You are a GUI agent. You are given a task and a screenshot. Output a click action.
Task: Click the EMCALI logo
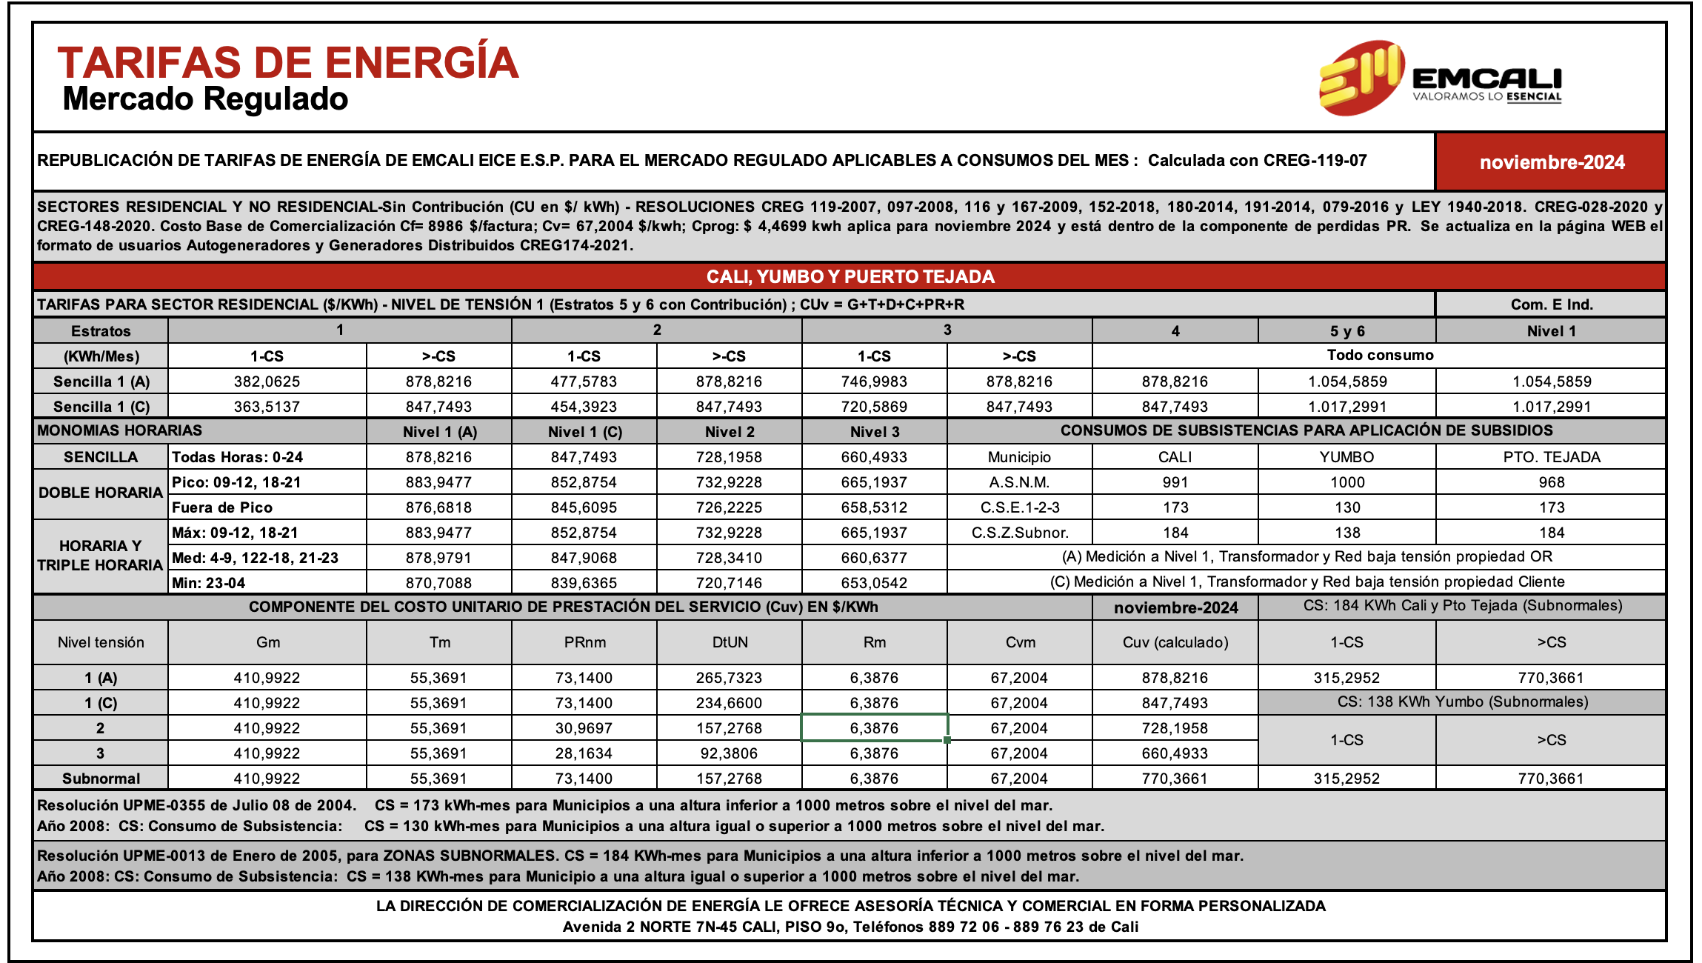click(1440, 79)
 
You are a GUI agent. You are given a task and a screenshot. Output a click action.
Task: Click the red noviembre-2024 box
click(1551, 162)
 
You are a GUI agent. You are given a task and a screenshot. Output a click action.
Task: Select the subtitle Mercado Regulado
click(205, 99)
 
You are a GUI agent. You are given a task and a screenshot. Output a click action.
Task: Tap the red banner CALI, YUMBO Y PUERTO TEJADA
click(850, 277)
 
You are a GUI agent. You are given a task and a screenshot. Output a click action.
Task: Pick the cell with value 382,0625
click(267, 381)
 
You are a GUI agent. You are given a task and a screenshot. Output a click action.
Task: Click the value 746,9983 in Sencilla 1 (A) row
click(874, 381)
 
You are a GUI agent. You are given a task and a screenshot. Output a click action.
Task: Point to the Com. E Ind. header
click(1551, 304)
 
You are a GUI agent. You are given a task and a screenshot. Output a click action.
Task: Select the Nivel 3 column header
click(874, 432)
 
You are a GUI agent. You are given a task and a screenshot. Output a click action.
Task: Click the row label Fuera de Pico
click(222, 507)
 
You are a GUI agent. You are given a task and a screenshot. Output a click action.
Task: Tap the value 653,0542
click(874, 583)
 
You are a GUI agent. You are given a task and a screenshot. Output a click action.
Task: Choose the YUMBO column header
click(1346, 457)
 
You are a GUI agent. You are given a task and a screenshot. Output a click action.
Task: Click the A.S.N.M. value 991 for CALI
click(1175, 482)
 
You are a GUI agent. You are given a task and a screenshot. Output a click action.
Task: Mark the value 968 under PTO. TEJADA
click(1551, 482)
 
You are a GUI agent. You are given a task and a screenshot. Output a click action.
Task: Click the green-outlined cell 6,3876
click(874, 728)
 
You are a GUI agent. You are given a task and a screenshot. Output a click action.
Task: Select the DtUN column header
click(730, 642)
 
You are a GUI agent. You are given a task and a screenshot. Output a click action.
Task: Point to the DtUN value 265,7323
click(729, 678)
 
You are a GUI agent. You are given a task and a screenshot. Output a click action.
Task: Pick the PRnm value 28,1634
click(584, 753)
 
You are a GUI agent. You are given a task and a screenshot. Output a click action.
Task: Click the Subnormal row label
click(101, 779)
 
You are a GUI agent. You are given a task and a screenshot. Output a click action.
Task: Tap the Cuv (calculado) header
click(1175, 642)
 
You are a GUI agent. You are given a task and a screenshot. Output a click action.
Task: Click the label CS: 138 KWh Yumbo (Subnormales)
click(1462, 702)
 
